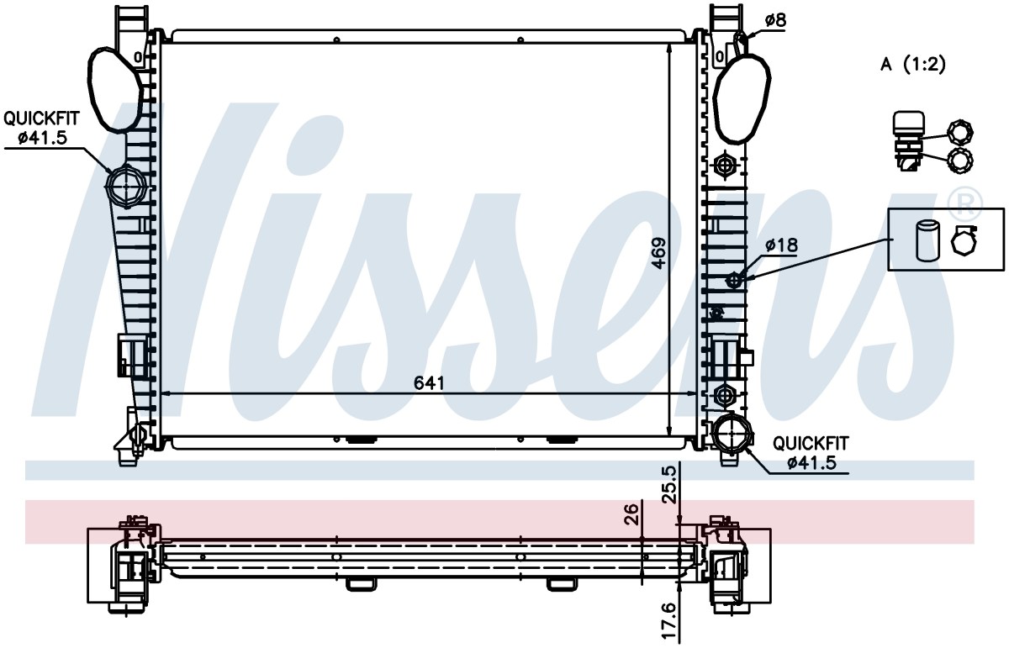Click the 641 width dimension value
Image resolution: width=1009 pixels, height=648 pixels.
pyautogui.click(x=429, y=382)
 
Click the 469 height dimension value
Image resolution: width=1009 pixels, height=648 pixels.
pyautogui.click(x=659, y=254)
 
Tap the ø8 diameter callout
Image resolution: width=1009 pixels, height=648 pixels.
pyautogui.click(x=775, y=20)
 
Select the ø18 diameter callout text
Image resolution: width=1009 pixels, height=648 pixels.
pyautogui.click(x=781, y=245)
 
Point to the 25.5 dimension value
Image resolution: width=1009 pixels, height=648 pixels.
pyautogui.click(x=670, y=485)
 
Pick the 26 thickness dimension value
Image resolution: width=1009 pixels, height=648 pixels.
pyautogui.click(x=632, y=514)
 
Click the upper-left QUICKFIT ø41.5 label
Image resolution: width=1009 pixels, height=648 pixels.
pyautogui.click(x=41, y=128)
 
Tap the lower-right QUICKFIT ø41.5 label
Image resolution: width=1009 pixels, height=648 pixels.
pyautogui.click(x=811, y=453)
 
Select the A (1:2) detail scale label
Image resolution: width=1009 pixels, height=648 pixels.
pyautogui.click(x=913, y=65)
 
